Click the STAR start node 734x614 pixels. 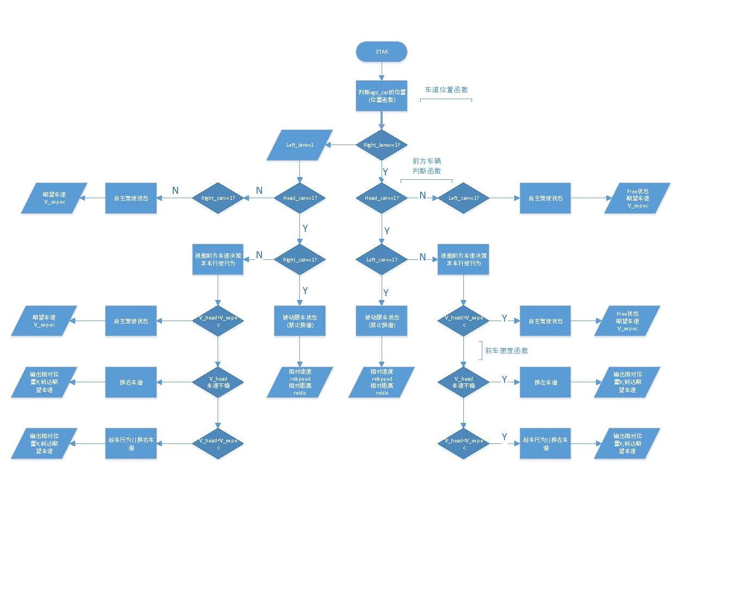click(381, 52)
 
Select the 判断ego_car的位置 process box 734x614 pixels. click(381, 96)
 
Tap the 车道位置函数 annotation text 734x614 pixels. click(446, 90)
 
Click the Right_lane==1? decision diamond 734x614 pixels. click(382, 145)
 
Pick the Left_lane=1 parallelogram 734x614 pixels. click(299, 145)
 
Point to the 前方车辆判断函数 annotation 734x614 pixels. click(427, 166)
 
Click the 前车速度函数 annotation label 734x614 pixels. click(506, 351)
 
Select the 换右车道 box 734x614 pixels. click(131, 382)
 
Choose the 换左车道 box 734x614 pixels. click(545, 382)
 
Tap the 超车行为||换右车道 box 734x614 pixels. click(131, 443)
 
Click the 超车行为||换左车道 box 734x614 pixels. click(545, 443)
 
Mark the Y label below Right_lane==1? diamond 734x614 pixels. click(385, 172)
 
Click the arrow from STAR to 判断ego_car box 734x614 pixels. click(381, 71)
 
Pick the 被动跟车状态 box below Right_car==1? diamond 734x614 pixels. click(300, 321)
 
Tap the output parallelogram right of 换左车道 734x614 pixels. click(627, 382)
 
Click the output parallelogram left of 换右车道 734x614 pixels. click(44, 382)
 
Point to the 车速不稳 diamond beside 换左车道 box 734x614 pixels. click(463, 382)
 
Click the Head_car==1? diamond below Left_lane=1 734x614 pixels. click(300, 198)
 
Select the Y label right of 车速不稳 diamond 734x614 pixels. click(504, 380)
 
